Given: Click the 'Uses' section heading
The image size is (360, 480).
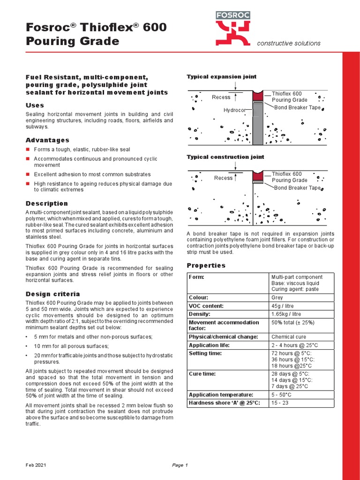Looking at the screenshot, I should point(35,105).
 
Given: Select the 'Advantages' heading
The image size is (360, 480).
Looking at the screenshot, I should point(47,140).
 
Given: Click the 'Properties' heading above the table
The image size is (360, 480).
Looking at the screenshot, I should point(206,265).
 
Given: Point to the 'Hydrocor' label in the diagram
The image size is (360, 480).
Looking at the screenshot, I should point(234,110).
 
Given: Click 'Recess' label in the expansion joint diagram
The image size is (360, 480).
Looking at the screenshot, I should point(221,97).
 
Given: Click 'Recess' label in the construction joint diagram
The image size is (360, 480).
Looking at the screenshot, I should point(223,178).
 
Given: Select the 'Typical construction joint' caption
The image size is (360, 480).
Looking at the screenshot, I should point(225,157).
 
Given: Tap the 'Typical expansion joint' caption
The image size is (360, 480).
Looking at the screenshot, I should point(221,76).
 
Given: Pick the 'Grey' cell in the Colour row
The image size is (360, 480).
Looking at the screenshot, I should point(277,298).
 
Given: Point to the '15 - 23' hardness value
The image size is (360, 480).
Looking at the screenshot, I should point(280,403).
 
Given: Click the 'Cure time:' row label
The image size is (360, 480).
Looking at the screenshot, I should point(203,374).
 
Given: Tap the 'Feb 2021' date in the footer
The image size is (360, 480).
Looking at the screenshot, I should point(36,465).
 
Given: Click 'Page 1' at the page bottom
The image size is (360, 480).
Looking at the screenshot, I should point(180,465).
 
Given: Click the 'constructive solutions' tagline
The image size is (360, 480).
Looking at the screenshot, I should point(289,44).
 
